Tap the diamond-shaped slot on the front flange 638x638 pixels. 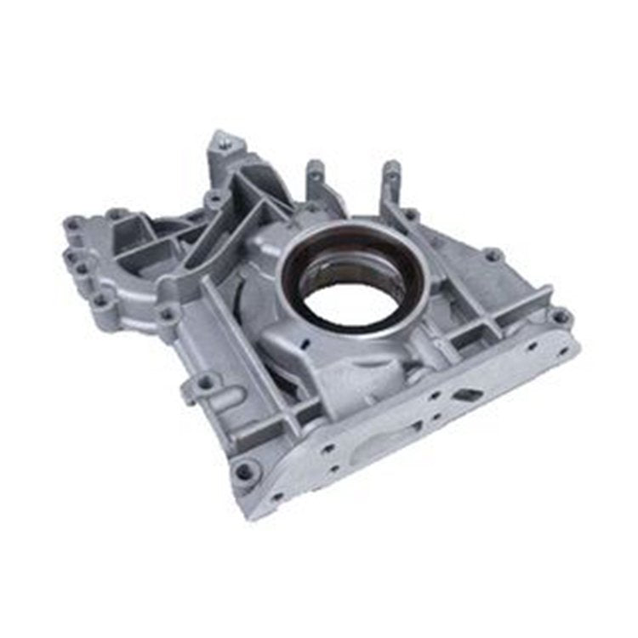click(467, 395)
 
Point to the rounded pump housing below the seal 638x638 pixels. click(340, 357)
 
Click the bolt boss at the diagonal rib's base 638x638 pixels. click(168, 314)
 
